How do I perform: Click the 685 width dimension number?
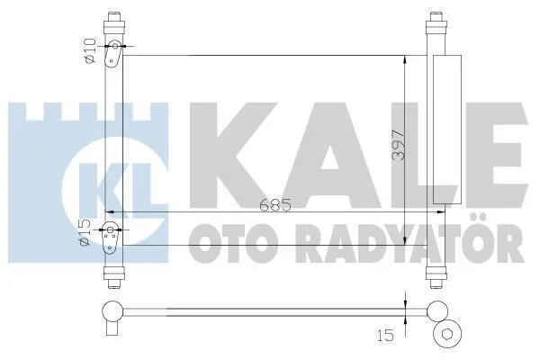pos(275,205)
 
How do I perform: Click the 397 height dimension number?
pos(398,145)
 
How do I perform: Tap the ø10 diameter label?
pos(90,51)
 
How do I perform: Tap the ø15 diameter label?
pos(85,232)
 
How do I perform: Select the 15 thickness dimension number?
pos(385,335)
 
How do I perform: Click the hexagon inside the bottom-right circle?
pos(447,334)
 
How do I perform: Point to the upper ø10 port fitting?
pos(113,54)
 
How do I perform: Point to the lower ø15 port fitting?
pos(111,238)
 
